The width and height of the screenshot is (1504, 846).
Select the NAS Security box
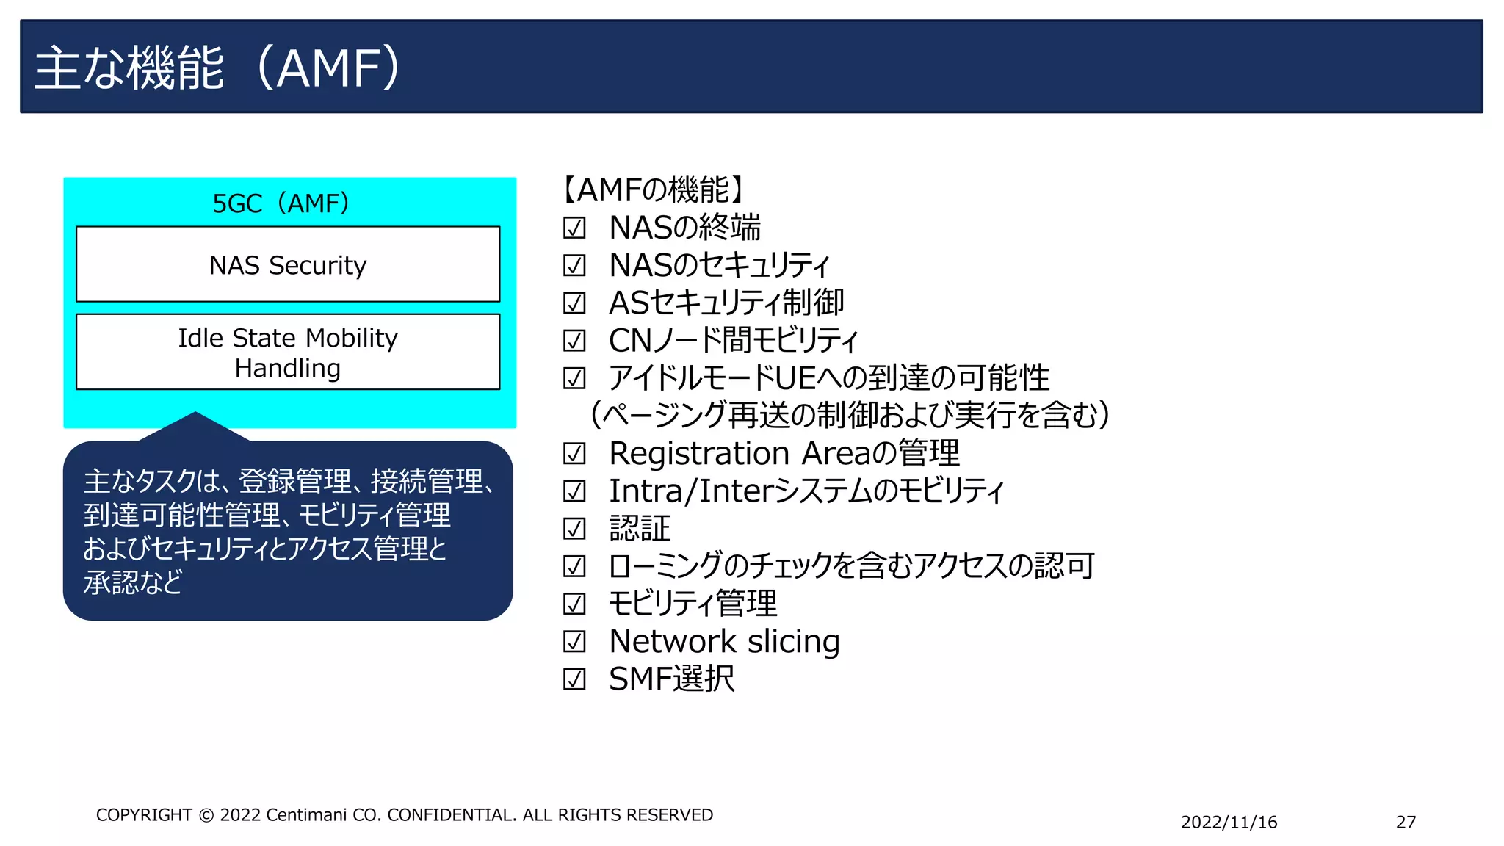(x=288, y=264)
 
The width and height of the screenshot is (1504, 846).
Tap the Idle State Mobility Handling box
(x=288, y=352)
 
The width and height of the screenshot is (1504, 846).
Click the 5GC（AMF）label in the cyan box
(x=281, y=203)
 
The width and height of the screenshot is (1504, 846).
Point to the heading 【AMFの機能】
(x=654, y=189)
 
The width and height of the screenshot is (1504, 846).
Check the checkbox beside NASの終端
(x=574, y=228)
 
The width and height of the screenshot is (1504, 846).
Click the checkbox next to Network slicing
(x=574, y=642)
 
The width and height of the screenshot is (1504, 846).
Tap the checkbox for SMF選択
(x=574, y=679)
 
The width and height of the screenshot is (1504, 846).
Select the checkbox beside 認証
(x=574, y=529)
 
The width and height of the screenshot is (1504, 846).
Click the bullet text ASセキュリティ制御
(x=726, y=303)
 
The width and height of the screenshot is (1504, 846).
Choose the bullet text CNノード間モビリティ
(x=733, y=341)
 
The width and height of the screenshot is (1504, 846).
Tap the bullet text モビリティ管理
(x=693, y=604)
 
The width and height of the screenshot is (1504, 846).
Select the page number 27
(x=1406, y=822)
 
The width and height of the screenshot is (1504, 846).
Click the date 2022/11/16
(x=1229, y=822)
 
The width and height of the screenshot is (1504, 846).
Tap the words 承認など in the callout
(x=133, y=582)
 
